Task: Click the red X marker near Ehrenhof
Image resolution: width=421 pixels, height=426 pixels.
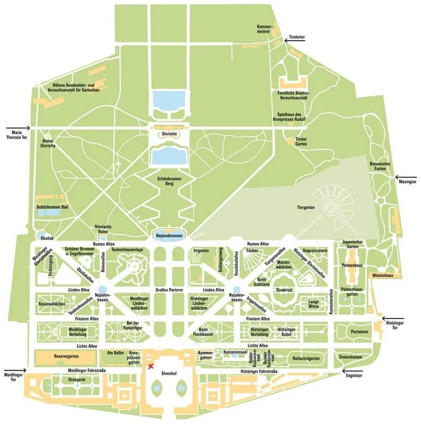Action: click(x=152, y=366)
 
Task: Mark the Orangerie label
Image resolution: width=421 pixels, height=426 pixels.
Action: click(x=72, y=379)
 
